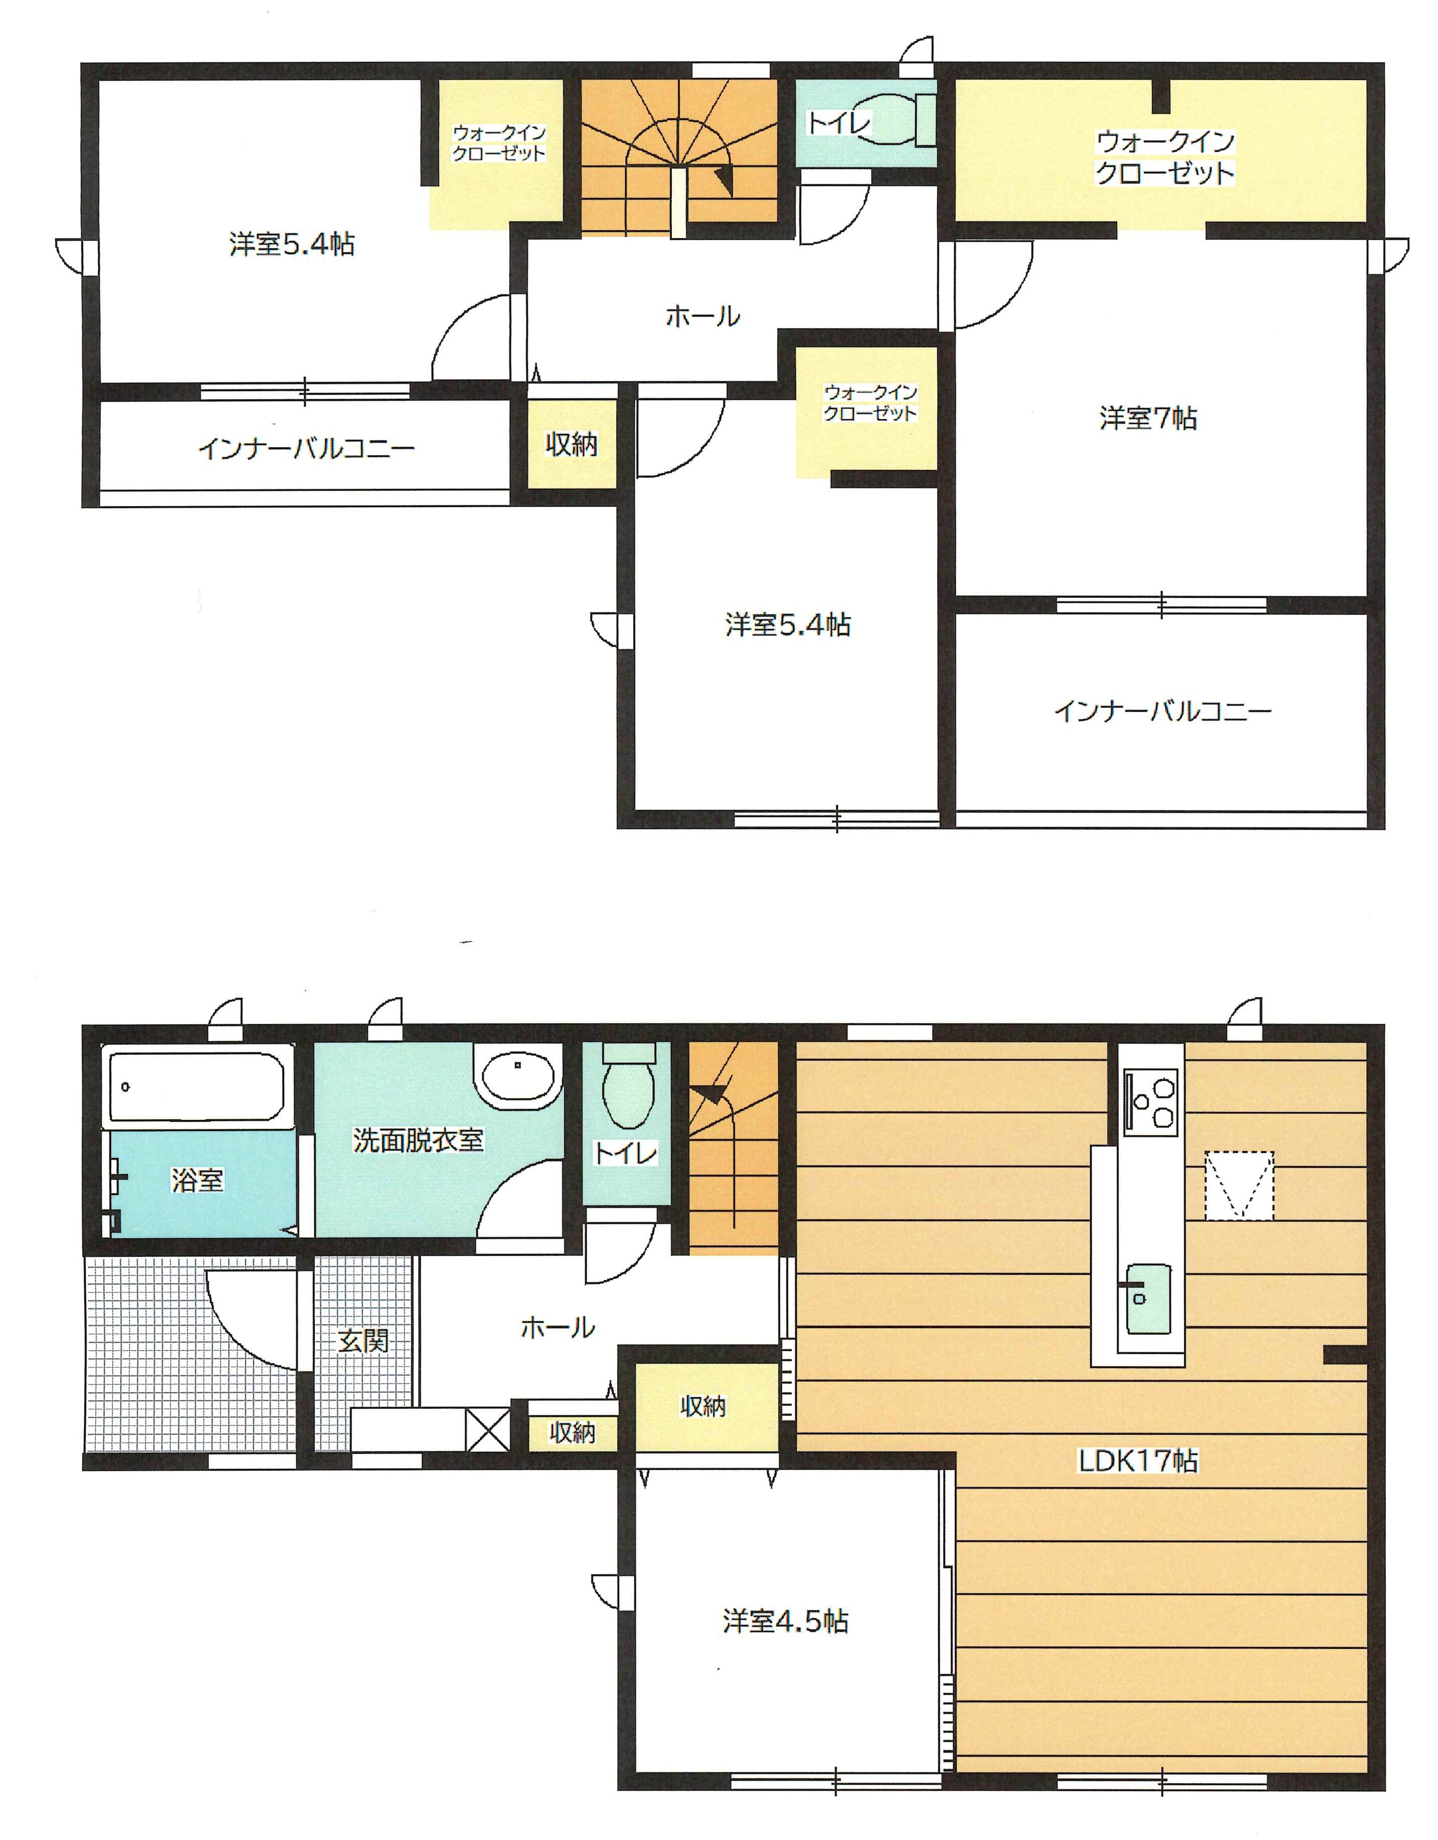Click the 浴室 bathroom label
(197, 1179)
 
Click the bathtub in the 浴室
(196, 1085)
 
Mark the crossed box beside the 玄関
(488, 1429)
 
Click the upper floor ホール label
(702, 317)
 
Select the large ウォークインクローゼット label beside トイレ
(1164, 157)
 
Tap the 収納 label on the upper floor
(571, 444)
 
